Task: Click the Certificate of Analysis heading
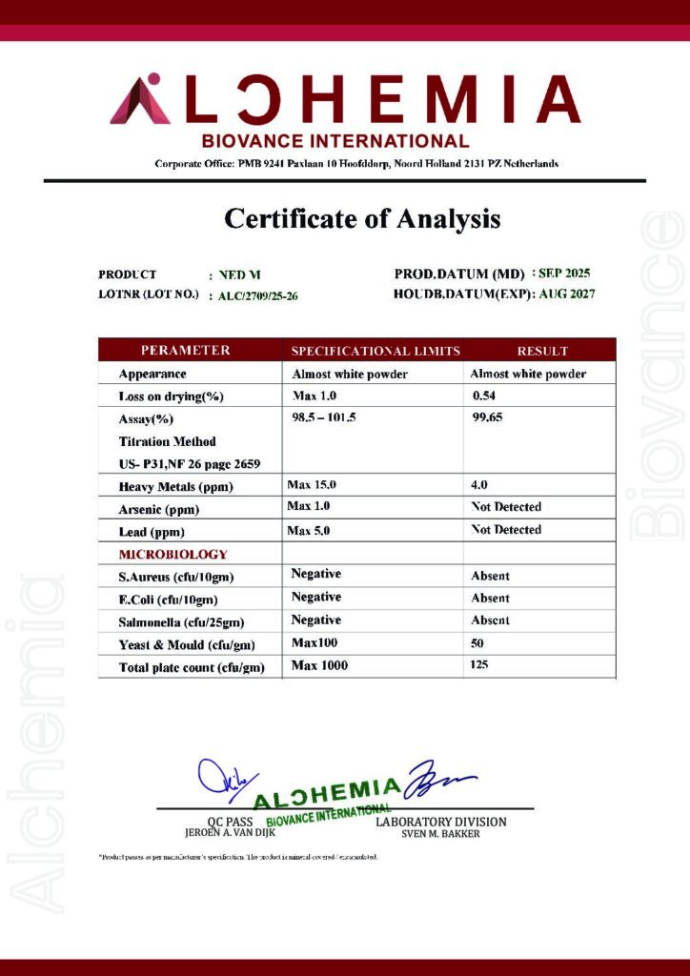pyautogui.click(x=362, y=219)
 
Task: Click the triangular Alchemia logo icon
pyautogui.click(x=140, y=101)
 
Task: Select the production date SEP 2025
pyautogui.click(x=564, y=274)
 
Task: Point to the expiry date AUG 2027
pyautogui.click(x=567, y=295)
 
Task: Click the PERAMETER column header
pyautogui.click(x=186, y=351)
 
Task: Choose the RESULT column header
pyautogui.click(x=542, y=351)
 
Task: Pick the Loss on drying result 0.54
pyautogui.click(x=485, y=396)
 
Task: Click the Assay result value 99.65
pyautogui.click(x=488, y=418)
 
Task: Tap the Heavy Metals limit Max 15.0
pyautogui.click(x=312, y=485)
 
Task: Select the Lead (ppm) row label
pyautogui.click(x=152, y=532)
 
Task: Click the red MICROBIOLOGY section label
pyautogui.click(x=172, y=554)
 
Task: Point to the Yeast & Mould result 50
pyautogui.click(x=477, y=644)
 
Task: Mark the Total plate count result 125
pyautogui.click(x=479, y=665)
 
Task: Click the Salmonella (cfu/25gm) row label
pyautogui.click(x=181, y=621)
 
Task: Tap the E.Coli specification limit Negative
pyautogui.click(x=315, y=597)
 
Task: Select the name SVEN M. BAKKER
pyautogui.click(x=440, y=834)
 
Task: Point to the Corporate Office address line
pyautogui.click(x=356, y=164)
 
